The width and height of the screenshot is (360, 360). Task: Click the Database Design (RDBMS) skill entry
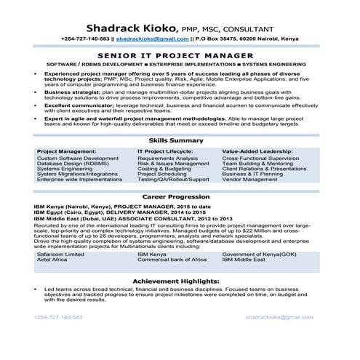pyautogui.click(x=69, y=143)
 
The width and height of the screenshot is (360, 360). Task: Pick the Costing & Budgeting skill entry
pyautogui.click(x=164, y=149)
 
